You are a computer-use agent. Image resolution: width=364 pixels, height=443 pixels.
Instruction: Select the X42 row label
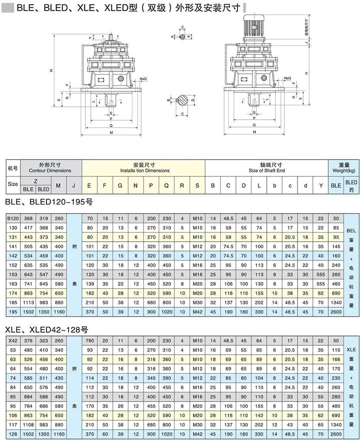pos(13,340)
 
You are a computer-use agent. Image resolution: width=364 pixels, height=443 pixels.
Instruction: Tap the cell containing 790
pos(89,340)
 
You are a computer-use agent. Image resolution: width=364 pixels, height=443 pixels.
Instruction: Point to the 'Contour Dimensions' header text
pos(50,170)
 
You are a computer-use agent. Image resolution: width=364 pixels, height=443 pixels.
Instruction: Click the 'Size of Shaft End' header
pos(266,170)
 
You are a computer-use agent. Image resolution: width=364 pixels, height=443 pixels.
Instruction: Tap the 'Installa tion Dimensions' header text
pos(145,170)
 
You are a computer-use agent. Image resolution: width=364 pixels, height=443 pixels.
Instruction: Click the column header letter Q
pos(167,185)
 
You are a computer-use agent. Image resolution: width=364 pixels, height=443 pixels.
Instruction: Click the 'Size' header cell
pos(13,184)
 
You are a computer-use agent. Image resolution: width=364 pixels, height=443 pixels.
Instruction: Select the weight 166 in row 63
pos(336,359)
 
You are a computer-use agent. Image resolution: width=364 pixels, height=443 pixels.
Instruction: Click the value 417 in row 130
pos(28,227)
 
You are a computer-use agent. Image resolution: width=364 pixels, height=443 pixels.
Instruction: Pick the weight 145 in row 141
pos(336,246)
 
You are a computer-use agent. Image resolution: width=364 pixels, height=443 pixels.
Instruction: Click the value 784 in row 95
pos(28,405)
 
